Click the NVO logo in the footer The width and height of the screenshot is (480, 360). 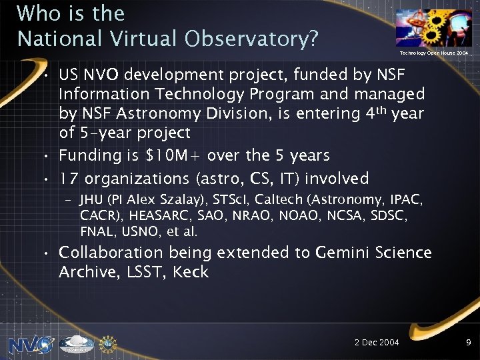[x=31, y=343]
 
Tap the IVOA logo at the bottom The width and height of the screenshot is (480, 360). [x=76, y=343]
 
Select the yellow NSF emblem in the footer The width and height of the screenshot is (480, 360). [x=108, y=343]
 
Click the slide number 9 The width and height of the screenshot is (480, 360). [x=469, y=342]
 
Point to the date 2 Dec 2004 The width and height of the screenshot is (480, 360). [x=377, y=342]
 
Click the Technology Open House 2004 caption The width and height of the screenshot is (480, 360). [x=434, y=53]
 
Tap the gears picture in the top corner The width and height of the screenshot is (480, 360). [x=433, y=27]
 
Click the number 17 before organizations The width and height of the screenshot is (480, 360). [x=69, y=178]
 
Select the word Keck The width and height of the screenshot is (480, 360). [x=191, y=271]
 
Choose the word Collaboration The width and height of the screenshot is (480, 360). [x=111, y=253]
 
